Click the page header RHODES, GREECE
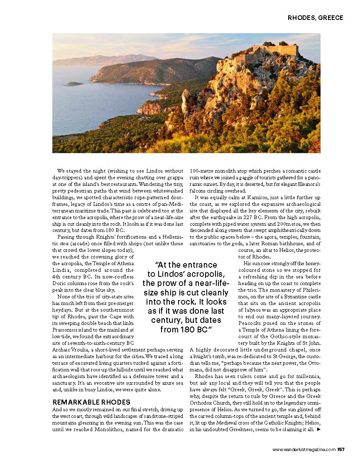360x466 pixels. (315, 18)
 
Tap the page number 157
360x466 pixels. (340, 449)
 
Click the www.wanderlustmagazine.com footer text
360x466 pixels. (304, 449)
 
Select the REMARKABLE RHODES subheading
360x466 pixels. (91, 402)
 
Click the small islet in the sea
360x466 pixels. (73, 84)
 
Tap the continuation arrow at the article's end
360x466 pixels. (318, 429)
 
